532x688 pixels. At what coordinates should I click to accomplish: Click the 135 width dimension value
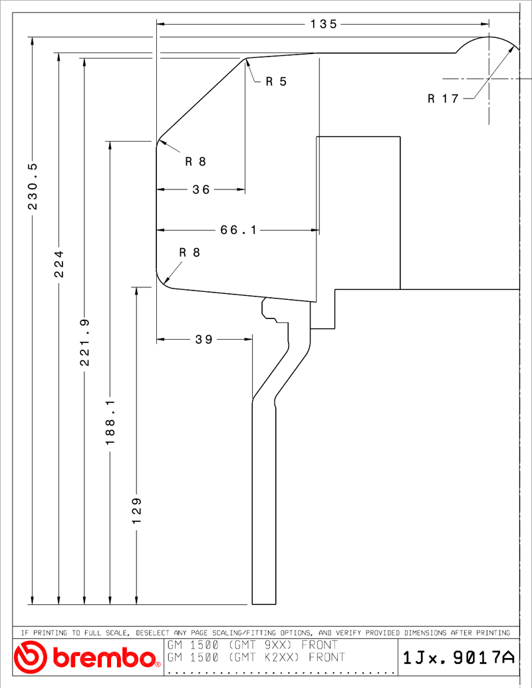click(323, 24)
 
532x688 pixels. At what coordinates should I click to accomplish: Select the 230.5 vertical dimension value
click(33, 186)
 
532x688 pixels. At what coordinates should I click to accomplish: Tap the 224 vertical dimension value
click(59, 264)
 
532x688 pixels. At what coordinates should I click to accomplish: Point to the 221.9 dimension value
click(84, 342)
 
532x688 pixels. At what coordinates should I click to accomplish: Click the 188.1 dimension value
click(110, 421)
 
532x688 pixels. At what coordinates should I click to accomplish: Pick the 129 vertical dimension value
click(136, 511)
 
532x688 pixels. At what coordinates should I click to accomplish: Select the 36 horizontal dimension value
click(201, 189)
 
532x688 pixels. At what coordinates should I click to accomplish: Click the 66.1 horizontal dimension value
click(238, 230)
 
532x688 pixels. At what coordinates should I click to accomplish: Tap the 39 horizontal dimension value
click(204, 339)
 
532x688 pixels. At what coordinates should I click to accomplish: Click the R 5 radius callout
click(276, 82)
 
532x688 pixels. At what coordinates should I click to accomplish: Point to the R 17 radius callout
click(443, 99)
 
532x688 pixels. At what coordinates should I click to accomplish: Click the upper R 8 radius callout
click(196, 162)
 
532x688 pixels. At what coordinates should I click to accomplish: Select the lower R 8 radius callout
click(190, 253)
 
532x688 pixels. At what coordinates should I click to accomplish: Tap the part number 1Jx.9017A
click(458, 657)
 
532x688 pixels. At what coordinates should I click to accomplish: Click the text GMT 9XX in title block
click(260, 645)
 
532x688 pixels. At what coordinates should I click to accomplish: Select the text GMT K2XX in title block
click(264, 657)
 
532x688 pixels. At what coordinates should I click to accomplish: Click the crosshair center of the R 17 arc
click(489, 79)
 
